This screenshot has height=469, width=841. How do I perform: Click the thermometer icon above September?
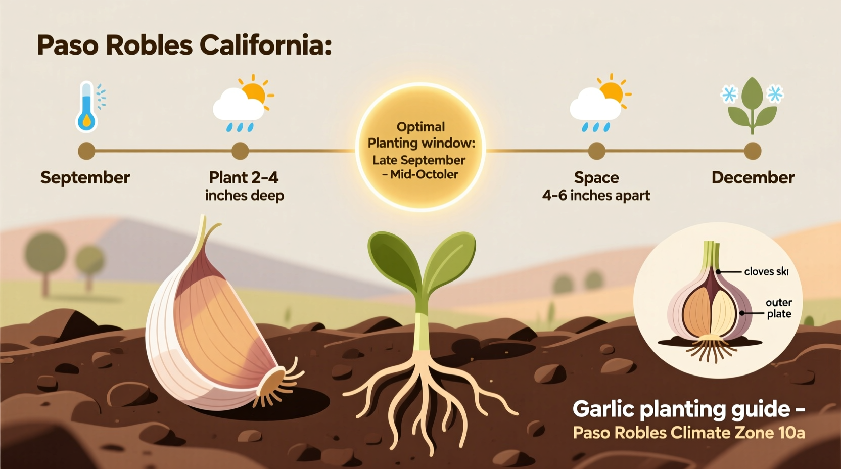coord(87,107)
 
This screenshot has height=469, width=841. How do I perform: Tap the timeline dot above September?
coord(86,151)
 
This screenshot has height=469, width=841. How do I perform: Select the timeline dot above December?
coord(753,151)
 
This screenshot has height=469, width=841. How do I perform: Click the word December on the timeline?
coord(753,178)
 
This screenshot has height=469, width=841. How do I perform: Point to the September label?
coord(85,178)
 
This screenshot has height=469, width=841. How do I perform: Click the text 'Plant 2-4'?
coord(244,178)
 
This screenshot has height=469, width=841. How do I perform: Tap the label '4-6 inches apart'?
coord(596,196)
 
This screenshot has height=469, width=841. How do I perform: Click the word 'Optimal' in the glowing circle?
coord(420,127)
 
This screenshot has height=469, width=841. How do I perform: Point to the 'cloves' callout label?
coord(759,272)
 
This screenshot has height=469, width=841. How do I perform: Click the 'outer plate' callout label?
coord(779,308)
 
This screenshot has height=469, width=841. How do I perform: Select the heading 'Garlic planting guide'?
coord(681,409)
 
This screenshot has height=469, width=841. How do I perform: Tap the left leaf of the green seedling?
coord(393,258)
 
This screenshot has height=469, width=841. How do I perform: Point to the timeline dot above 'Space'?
coord(597,151)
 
